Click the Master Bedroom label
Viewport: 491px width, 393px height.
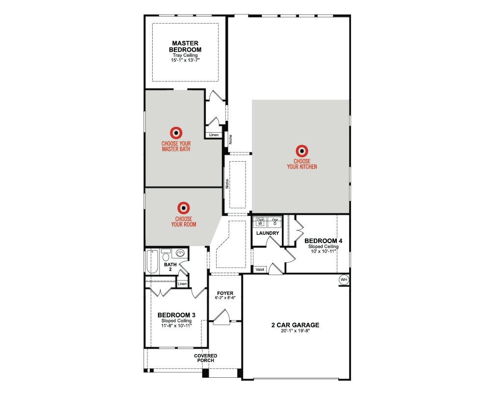[x=185, y=46]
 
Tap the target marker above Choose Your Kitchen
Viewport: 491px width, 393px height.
[x=302, y=151]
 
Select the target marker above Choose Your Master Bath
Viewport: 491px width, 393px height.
[x=176, y=132]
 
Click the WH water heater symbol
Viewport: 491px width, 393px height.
[x=344, y=280]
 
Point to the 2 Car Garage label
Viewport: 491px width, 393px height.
[x=295, y=325]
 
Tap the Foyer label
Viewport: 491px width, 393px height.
[x=224, y=293]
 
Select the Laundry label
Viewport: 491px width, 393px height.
[x=268, y=233]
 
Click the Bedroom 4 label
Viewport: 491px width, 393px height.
[x=323, y=241]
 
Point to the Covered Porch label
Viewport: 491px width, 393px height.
[x=205, y=358]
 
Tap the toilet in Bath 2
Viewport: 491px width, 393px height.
[x=166, y=256]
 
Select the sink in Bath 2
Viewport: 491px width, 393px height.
[x=181, y=254]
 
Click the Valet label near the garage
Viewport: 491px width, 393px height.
[x=258, y=269]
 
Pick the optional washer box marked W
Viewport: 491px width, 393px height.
[x=260, y=222]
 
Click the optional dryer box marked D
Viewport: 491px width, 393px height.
[x=275, y=222]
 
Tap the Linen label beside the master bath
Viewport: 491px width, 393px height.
[x=213, y=135]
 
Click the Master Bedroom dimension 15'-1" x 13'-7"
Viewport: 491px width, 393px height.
[x=185, y=60]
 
